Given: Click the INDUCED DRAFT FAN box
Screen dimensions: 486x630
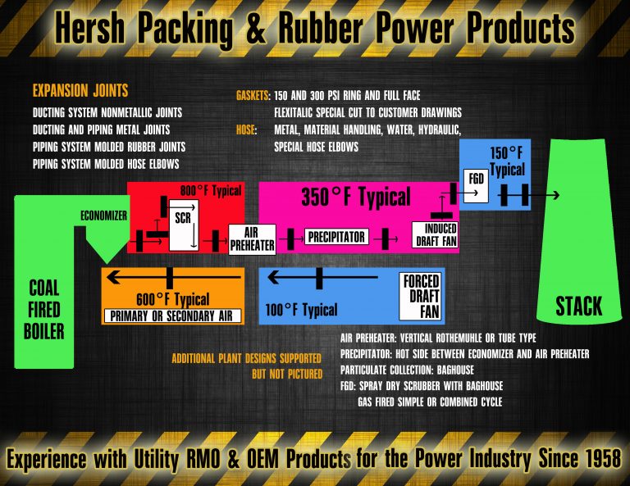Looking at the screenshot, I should (435, 234).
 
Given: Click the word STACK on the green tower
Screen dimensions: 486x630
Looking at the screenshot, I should (578, 307).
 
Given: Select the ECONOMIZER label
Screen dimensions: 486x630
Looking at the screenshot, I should (104, 216).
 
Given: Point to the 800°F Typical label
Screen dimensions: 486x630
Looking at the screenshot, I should (212, 191).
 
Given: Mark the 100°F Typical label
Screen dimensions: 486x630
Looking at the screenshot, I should (301, 310).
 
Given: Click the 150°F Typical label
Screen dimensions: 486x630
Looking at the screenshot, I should (507, 161).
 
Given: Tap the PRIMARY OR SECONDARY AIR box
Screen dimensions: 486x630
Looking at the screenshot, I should (173, 316).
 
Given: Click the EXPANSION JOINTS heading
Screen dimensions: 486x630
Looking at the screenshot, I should (80, 90).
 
